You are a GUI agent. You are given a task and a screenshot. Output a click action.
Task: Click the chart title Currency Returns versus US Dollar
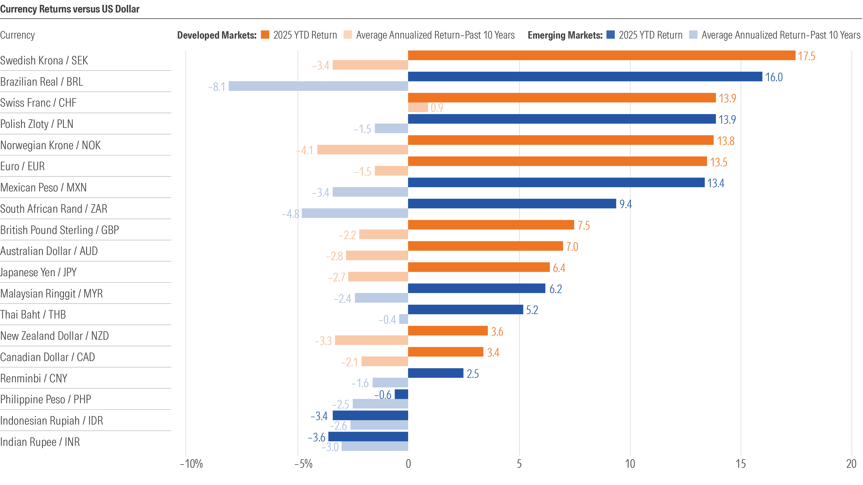point(70,9)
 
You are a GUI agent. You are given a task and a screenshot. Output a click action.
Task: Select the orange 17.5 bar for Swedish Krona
point(601,55)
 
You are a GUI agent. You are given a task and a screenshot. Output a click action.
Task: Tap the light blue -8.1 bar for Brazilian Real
point(318,86)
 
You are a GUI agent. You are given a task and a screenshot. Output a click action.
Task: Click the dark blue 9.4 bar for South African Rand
point(512,203)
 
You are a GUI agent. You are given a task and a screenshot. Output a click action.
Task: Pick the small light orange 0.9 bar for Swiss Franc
point(418,107)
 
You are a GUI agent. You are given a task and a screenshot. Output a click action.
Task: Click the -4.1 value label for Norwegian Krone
point(304,150)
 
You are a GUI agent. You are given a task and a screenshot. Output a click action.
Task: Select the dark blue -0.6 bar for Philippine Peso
point(401,394)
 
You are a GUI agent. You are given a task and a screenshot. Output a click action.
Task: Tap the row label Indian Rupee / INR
point(40,442)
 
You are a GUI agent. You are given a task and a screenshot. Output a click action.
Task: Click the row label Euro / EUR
point(22,166)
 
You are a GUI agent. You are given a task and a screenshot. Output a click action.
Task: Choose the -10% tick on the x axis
point(191,464)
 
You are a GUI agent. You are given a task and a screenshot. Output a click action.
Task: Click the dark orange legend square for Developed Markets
point(265,35)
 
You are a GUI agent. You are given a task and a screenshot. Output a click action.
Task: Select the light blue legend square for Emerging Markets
point(693,35)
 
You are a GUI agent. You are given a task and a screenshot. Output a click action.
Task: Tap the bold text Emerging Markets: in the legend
point(565,35)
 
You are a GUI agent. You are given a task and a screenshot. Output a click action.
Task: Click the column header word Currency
point(17,35)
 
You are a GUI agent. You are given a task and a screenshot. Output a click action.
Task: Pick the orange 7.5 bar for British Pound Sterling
point(491,225)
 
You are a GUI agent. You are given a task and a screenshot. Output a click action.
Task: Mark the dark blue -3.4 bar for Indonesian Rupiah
point(370,415)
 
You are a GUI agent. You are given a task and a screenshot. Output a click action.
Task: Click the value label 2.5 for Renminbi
point(472,374)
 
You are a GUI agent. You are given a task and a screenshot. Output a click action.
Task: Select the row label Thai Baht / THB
point(33,314)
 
